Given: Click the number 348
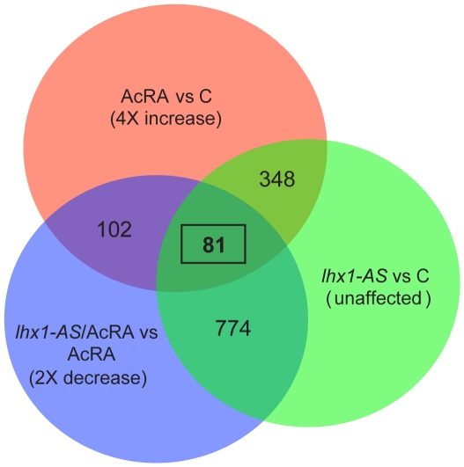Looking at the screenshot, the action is point(277,179).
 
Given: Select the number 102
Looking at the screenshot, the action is point(114,230).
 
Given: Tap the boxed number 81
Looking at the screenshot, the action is point(214,244).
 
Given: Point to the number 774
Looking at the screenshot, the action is point(233,328).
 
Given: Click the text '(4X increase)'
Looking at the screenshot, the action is point(166,119).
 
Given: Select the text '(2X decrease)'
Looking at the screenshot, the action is point(88,378).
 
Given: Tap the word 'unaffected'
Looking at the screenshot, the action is point(379,298).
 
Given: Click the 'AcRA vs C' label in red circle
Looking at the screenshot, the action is point(166,96).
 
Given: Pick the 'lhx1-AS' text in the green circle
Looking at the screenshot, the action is point(355,275).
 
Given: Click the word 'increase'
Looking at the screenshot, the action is point(183,119).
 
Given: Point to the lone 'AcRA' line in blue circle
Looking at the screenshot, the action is point(92,354).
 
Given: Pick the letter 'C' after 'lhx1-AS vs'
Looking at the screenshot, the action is point(423,275).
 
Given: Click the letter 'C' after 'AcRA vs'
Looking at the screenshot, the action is point(205,96).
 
